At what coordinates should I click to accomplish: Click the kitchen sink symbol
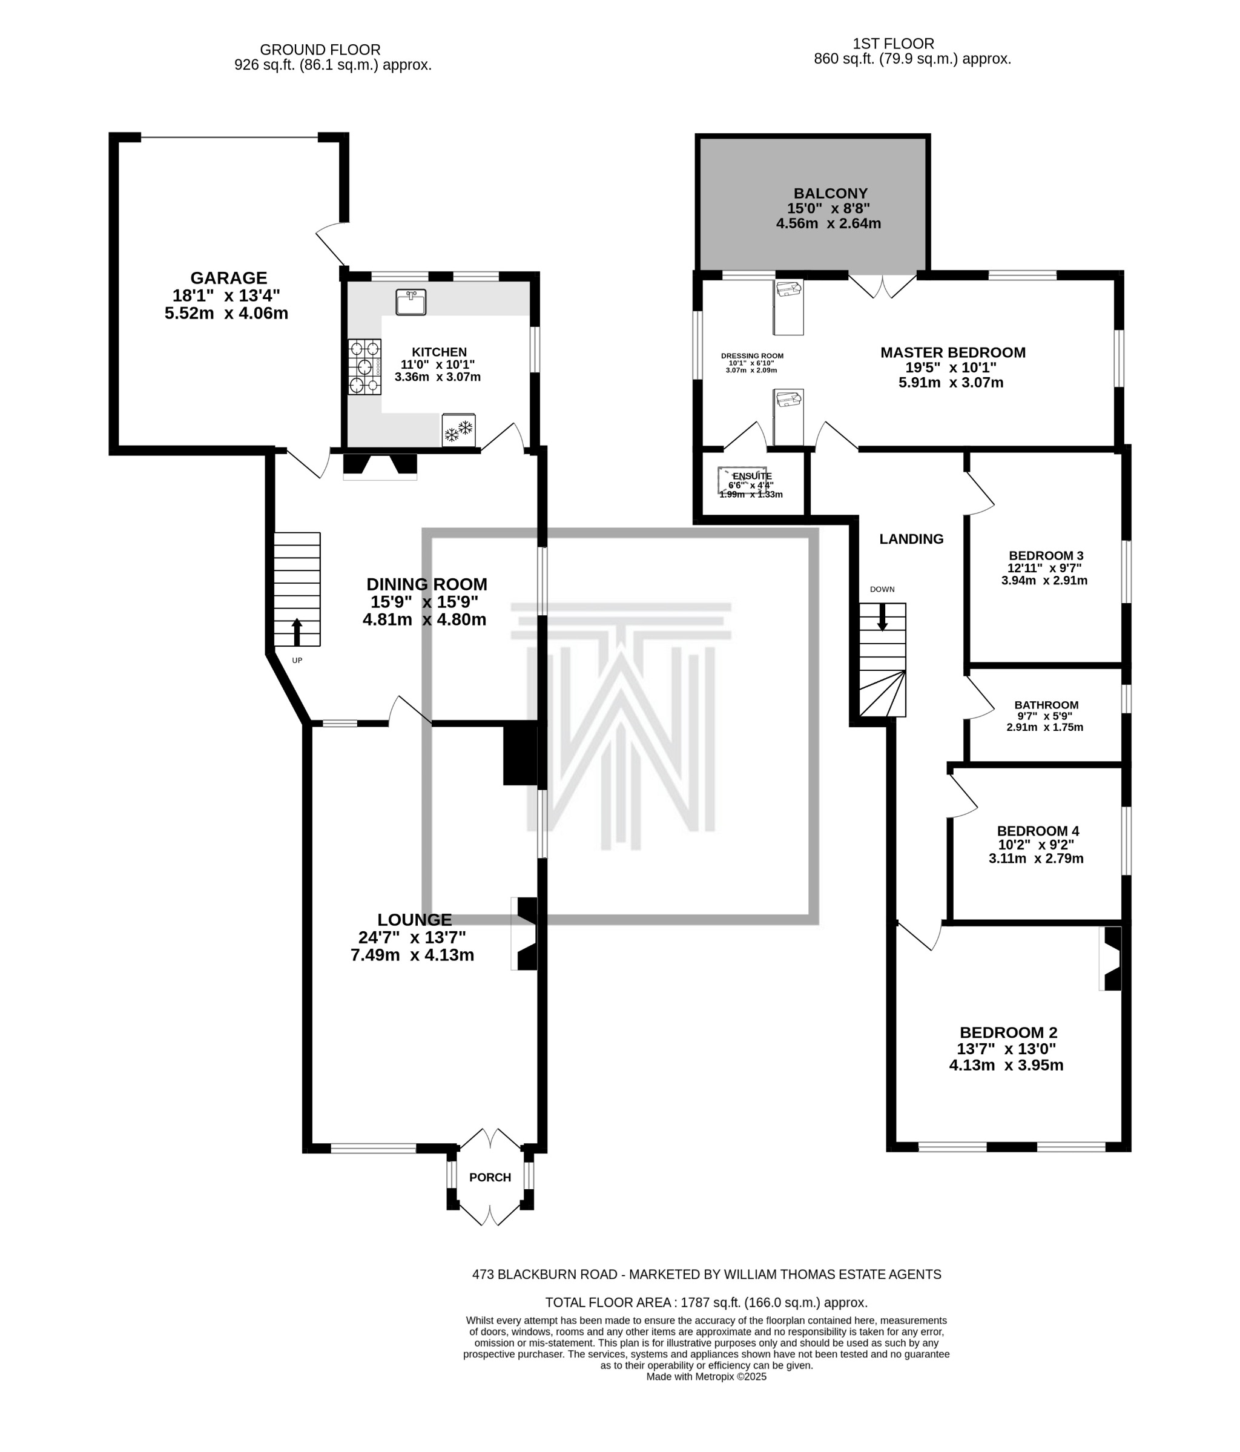click(x=411, y=302)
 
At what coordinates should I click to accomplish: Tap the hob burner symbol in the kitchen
click(x=364, y=366)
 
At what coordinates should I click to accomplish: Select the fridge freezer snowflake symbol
click(x=459, y=429)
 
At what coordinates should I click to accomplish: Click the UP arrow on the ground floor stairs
click(x=297, y=631)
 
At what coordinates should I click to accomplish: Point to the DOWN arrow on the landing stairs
click(x=882, y=616)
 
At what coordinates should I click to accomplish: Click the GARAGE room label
click(x=228, y=278)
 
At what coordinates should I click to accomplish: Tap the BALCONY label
click(x=830, y=193)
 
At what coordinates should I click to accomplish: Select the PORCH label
click(x=490, y=1177)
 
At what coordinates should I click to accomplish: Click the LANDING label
click(x=911, y=539)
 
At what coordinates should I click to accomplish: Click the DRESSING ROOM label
click(x=752, y=356)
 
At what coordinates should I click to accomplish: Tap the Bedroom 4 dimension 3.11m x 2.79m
click(x=1035, y=859)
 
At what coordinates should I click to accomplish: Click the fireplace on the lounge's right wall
click(x=525, y=934)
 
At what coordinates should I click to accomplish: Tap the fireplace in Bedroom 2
click(x=1111, y=959)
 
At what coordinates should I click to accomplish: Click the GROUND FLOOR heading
click(x=320, y=50)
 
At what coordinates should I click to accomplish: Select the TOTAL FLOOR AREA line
click(x=706, y=1302)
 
